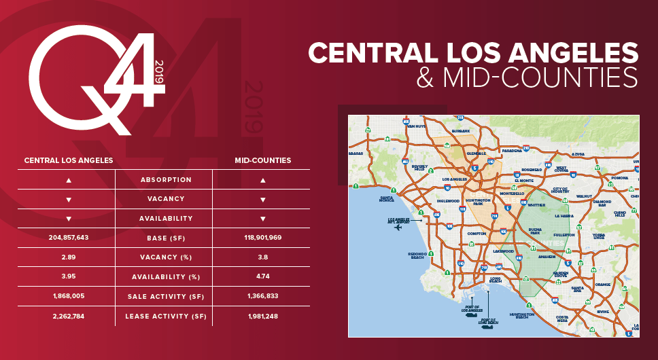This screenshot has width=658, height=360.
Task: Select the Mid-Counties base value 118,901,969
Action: pyautogui.click(x=262, y=238)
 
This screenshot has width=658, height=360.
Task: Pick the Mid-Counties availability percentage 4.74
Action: pyautogui.click(x=262, y=277)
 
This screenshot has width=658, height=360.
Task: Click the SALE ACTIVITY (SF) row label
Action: pyautogui.click(x=166, y=297)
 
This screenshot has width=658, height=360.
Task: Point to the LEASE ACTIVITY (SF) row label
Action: pyautogui.click(x=166, y=317)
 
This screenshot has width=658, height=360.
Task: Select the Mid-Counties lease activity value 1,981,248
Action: pyautogui.click(x=262, y=317)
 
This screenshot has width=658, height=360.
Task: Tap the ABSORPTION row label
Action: pyautogui.click(x=166, y=180)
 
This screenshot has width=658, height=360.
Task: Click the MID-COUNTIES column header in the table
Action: pyautogui.click(x=262, y=161)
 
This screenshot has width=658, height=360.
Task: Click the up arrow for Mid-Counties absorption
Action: pyautogui.click(x=262, y=180)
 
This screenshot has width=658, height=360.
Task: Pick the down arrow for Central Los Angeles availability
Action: pyautogui.click(x=68, y=219)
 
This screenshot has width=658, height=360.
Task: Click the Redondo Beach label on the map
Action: pyautogui.click(x=417, y=256)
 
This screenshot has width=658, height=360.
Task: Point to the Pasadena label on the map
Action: pyautogui.click(x=512, y=151)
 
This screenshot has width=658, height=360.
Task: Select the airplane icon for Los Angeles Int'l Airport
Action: pyautogui.click(x=398, y=228)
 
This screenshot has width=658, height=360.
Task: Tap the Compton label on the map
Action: pyautogui.click(x=477, y=233)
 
